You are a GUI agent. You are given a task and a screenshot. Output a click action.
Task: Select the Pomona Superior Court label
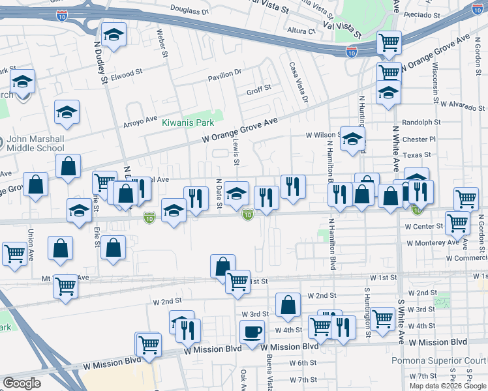[448, 361]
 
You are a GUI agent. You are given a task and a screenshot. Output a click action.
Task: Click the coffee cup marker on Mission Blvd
[252, 332]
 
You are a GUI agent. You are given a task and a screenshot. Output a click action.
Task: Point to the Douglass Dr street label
[189, 10]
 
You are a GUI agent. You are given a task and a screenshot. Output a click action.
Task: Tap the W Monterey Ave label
[432, 242]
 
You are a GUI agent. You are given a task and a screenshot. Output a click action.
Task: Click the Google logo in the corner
[22, 383]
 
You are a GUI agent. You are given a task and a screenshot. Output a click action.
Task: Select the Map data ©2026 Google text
[448, 386]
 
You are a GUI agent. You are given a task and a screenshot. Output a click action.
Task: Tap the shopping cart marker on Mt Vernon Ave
[66, 286]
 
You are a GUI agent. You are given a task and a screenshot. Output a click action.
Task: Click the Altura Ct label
[302, 31]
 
